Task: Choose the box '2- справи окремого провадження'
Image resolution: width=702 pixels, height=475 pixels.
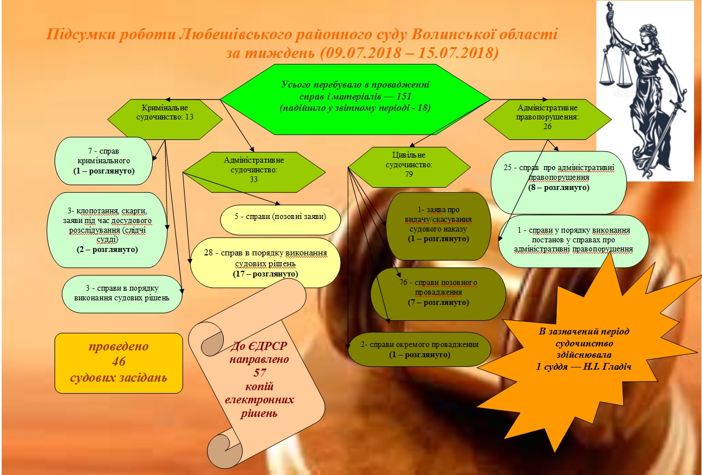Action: click(419, 348)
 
